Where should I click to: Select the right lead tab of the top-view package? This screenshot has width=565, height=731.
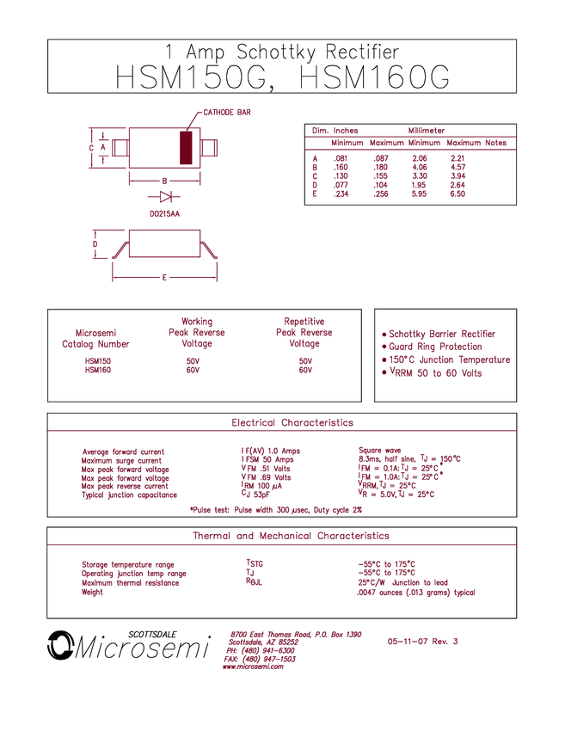point(211,147)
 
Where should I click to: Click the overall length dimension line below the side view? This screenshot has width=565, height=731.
point(164,278)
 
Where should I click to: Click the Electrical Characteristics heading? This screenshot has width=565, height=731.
point(292,423)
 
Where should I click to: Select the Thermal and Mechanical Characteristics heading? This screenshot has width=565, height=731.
point(290,536)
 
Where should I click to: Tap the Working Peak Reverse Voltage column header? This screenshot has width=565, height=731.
point(197,331)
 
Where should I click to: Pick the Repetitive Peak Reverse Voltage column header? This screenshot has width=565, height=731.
point(304,331)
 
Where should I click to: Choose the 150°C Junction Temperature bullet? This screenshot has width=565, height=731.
point(445,360)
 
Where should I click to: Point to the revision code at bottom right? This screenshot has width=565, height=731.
point(422,642)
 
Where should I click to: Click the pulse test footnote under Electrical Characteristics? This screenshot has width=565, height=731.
point(275,509)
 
